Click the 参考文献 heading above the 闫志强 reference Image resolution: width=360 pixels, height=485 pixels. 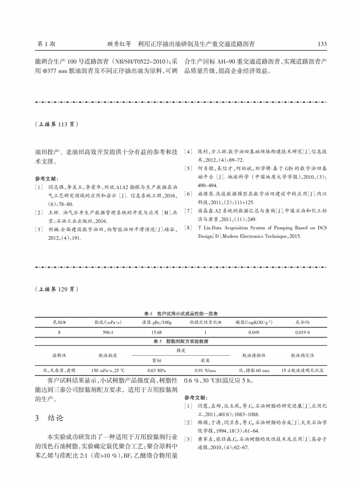[46, 179]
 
